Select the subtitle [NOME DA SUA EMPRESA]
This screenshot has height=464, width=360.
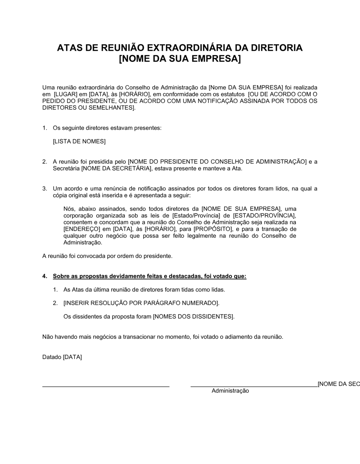(180, 59)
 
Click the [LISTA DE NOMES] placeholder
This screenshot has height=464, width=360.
(79, 142)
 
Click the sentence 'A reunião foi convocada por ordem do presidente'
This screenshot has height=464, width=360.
(107, 256)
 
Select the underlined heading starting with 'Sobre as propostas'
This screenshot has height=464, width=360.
(149, 277)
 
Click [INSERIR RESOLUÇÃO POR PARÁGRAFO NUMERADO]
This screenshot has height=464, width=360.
(141, 303)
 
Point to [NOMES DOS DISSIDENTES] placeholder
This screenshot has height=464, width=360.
(194, 317)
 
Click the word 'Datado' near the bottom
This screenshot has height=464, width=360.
(52, 358)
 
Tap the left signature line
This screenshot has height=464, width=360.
(106, 386)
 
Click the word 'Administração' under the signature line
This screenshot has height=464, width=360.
(230, 391)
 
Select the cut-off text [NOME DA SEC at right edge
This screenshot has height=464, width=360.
(338, 384)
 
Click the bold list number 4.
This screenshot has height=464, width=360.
(44, 277)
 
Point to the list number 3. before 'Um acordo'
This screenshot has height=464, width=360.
(45, 189)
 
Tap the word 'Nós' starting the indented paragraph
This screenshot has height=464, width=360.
(68, 209)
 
